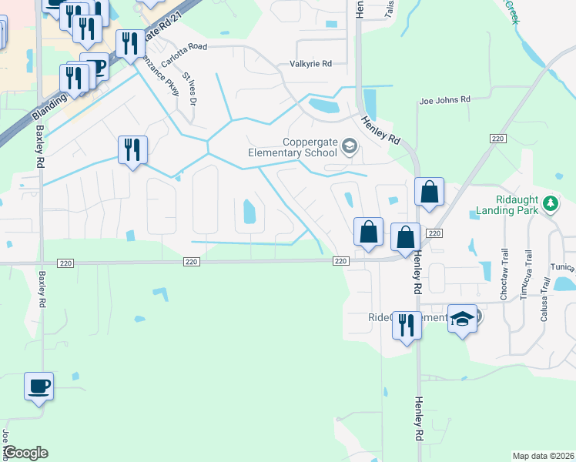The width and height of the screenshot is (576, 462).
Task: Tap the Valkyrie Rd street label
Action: pyautogui.click(x=310, y=64)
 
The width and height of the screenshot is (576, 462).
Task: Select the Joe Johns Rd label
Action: pyautogui.click(x=444, y=100)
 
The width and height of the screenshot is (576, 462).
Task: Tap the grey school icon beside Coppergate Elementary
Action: pyautogui.click(x=350, y=146)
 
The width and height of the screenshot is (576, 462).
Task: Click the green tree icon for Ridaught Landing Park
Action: pyautogui.click(x=550, y=204)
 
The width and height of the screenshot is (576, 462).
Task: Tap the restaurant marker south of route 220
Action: pyautogui.click(x=407, y=325)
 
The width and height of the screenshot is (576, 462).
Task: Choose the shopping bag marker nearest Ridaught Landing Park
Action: pyautogui.click(x=430, y=192)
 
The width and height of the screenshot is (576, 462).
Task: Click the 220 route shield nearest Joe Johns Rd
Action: pyautogui.click(x=497, y=138)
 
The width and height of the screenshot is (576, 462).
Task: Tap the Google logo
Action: pyautogui.click(x=25, y=453)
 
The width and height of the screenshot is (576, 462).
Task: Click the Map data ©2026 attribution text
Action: pyautogui.click(x=543, y=456)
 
